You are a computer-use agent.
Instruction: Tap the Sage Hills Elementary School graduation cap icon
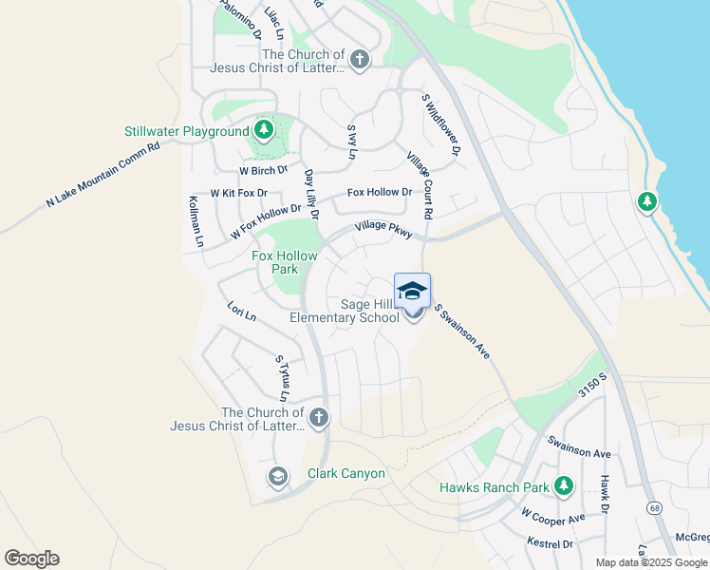(412, 290)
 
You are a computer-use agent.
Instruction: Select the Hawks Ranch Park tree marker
(564, 487)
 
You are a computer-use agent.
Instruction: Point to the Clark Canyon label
(346, 473)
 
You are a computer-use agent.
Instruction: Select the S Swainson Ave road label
(462, 331)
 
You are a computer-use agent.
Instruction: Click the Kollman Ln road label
(196, 221)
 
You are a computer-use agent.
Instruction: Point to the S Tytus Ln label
(282, 377)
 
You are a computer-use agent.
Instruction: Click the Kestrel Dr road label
(551, 543)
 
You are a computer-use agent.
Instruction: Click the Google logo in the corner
(31, 559)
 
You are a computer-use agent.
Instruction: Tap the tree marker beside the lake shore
(647, 201)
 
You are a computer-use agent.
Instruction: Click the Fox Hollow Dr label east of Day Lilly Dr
(380, 192)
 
